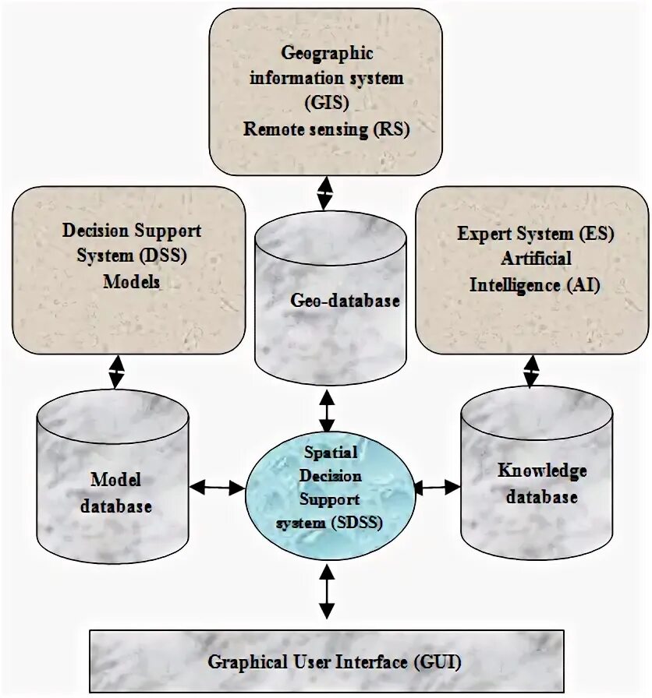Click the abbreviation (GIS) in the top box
(x=326, y=103)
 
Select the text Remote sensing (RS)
(x=326, y=129)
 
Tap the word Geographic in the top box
(x=327, y=53)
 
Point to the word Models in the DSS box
(x=131, y=281)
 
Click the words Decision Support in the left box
(x=131, y=231)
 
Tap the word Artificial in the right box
(x=536, y=258)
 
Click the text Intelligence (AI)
(x=535, y=284)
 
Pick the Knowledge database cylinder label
(x=542, y=483)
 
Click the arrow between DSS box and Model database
(x=117, y=372)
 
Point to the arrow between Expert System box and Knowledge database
(x=531, y=371)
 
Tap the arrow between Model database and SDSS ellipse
(x=218, y=488)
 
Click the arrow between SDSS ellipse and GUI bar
(x=327, y=594)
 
